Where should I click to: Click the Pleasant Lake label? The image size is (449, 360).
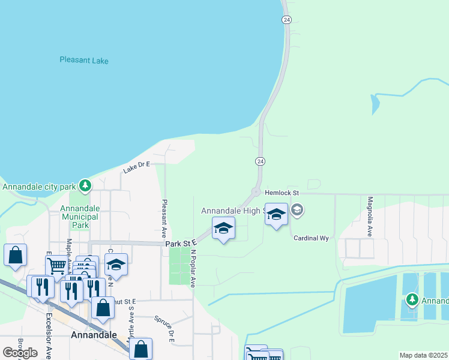(88, 60)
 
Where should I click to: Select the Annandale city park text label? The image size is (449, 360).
(40, 187)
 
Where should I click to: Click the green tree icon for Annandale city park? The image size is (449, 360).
(86, 185)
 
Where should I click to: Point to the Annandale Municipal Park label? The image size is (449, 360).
(83, 217)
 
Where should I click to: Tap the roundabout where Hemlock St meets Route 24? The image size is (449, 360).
(256, 193)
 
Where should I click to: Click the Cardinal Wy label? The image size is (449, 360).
(311, 238)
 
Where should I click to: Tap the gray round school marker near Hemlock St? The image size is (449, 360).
(297, 211)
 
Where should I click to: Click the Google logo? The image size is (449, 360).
(20, 352)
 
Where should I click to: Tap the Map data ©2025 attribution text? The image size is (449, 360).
(424, 355)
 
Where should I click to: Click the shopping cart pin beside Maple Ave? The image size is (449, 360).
(57, 264)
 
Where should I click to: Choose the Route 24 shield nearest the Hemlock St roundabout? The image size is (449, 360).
(260, 161)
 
